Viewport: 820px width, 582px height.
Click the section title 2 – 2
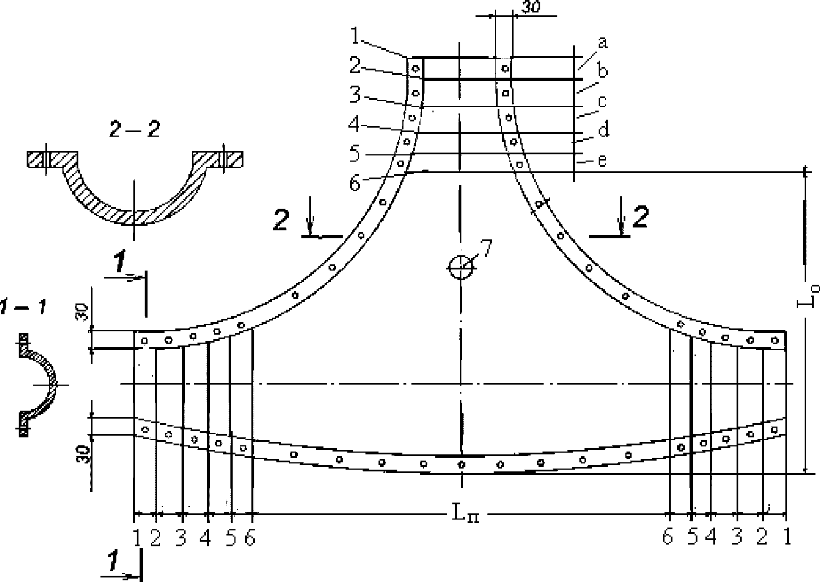tap(134, 129)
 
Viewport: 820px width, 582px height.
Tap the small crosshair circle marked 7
tap(461, 268)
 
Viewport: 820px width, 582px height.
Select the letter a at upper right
tap(603, 43)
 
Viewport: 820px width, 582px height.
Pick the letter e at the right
tap(602, 161)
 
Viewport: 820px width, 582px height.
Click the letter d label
tap(604, 129)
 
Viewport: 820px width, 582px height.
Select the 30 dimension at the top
tap(531, 7)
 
